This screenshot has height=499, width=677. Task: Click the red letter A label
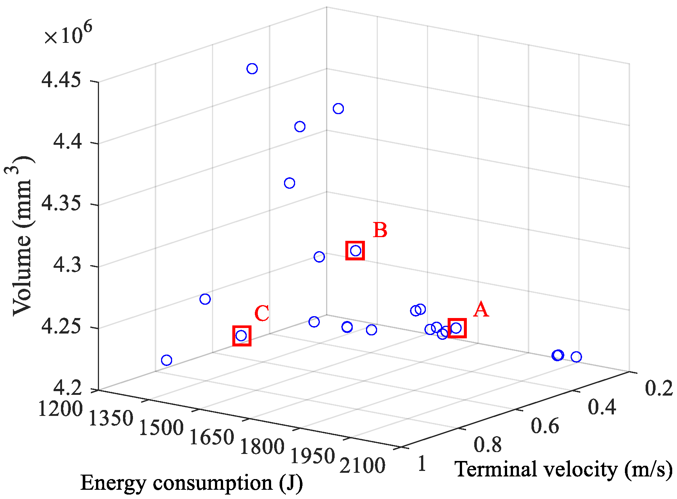pyautogui.click(x=481, y=310)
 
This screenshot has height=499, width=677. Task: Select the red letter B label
pyautogui.click(x=380, y=230)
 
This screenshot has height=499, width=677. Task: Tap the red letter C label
pyautogui.click(x=262, y=314)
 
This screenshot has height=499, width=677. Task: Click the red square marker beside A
pyautogui.click(x=457, y=328)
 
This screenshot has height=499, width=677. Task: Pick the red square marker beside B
pyautogui.click(x=355, y=251)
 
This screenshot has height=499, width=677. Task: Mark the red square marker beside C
pyautogui.click(x=242, y=336)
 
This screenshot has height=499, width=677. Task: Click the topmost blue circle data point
pyautogui.click(x=252, y=69)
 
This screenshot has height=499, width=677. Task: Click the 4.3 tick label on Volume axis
pyautogui.click(x=67, y=266)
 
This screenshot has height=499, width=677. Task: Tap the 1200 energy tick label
pyautogui.click(x=60, y=409)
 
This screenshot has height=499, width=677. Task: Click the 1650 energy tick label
pyautogui.click(x=211, y=437)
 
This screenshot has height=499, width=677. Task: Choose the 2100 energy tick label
pyautogui.click(x=362, y=465)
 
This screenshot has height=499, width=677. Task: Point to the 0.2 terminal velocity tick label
pyautogui.click(x=659, y=389)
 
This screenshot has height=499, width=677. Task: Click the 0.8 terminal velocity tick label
pyautogui.click(x=488, y=445)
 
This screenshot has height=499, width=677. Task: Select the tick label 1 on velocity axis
pyautogui.click(x=422, y=464)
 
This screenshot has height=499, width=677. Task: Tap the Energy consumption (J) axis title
pyautogui.click(x=191, y=483)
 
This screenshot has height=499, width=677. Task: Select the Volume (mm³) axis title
pyautogui.click(x=22, y=236)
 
